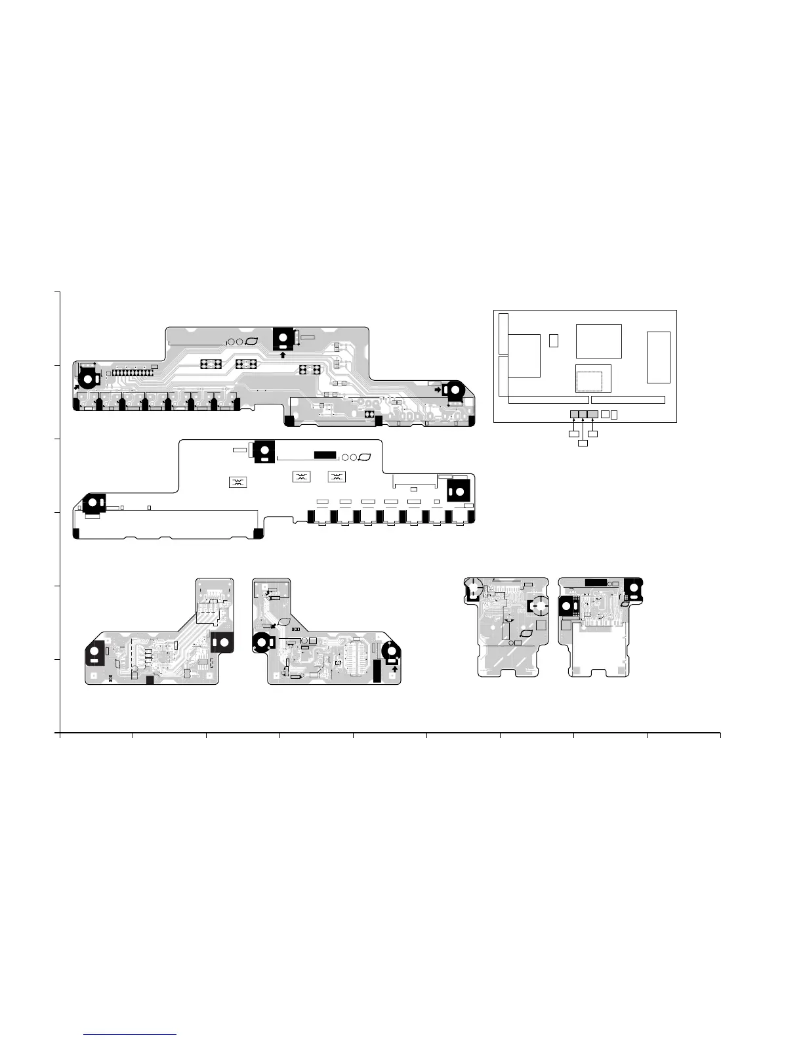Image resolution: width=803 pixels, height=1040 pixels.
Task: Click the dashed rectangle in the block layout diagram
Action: coord(588,381)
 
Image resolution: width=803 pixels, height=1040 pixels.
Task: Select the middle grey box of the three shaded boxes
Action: coord(583,414)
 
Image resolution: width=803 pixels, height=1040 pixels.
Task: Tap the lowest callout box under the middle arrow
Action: coord(583,444)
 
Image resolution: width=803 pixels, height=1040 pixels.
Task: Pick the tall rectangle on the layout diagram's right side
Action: coord(658,357)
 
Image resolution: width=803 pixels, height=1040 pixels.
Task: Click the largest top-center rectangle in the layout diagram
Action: coord(598,341)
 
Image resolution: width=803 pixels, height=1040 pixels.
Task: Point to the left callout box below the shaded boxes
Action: coord(573,434)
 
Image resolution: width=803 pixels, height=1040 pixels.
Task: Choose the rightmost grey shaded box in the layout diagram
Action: coord(593,414)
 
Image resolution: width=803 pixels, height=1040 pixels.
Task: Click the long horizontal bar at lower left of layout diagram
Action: coord(548,400)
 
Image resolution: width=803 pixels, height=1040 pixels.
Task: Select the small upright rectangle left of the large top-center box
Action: coord(553,340)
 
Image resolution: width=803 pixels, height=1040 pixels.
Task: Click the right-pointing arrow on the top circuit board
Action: coord(438,389)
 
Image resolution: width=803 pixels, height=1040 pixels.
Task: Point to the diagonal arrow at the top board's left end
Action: coord(78,387)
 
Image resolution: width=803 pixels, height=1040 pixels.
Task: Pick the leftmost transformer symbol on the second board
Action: coord(237,483)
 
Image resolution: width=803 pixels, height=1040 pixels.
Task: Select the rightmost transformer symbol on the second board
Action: coord(336,477)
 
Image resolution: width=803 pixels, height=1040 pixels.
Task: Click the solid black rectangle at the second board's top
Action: coord(325,454)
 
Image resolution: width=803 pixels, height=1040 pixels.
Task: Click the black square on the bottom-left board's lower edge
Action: coord(150,680)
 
